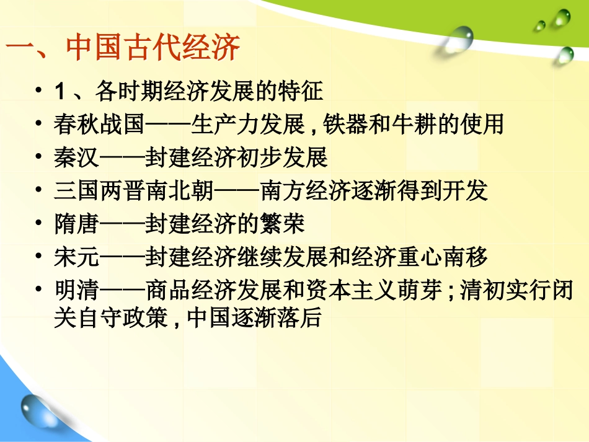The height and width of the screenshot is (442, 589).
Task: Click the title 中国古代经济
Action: click(153, 48)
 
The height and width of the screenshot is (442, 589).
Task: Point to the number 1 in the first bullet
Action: click(60, 93)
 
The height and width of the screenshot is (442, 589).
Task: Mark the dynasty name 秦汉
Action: click(76, 159)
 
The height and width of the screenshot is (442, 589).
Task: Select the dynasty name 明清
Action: click(76, 290)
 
